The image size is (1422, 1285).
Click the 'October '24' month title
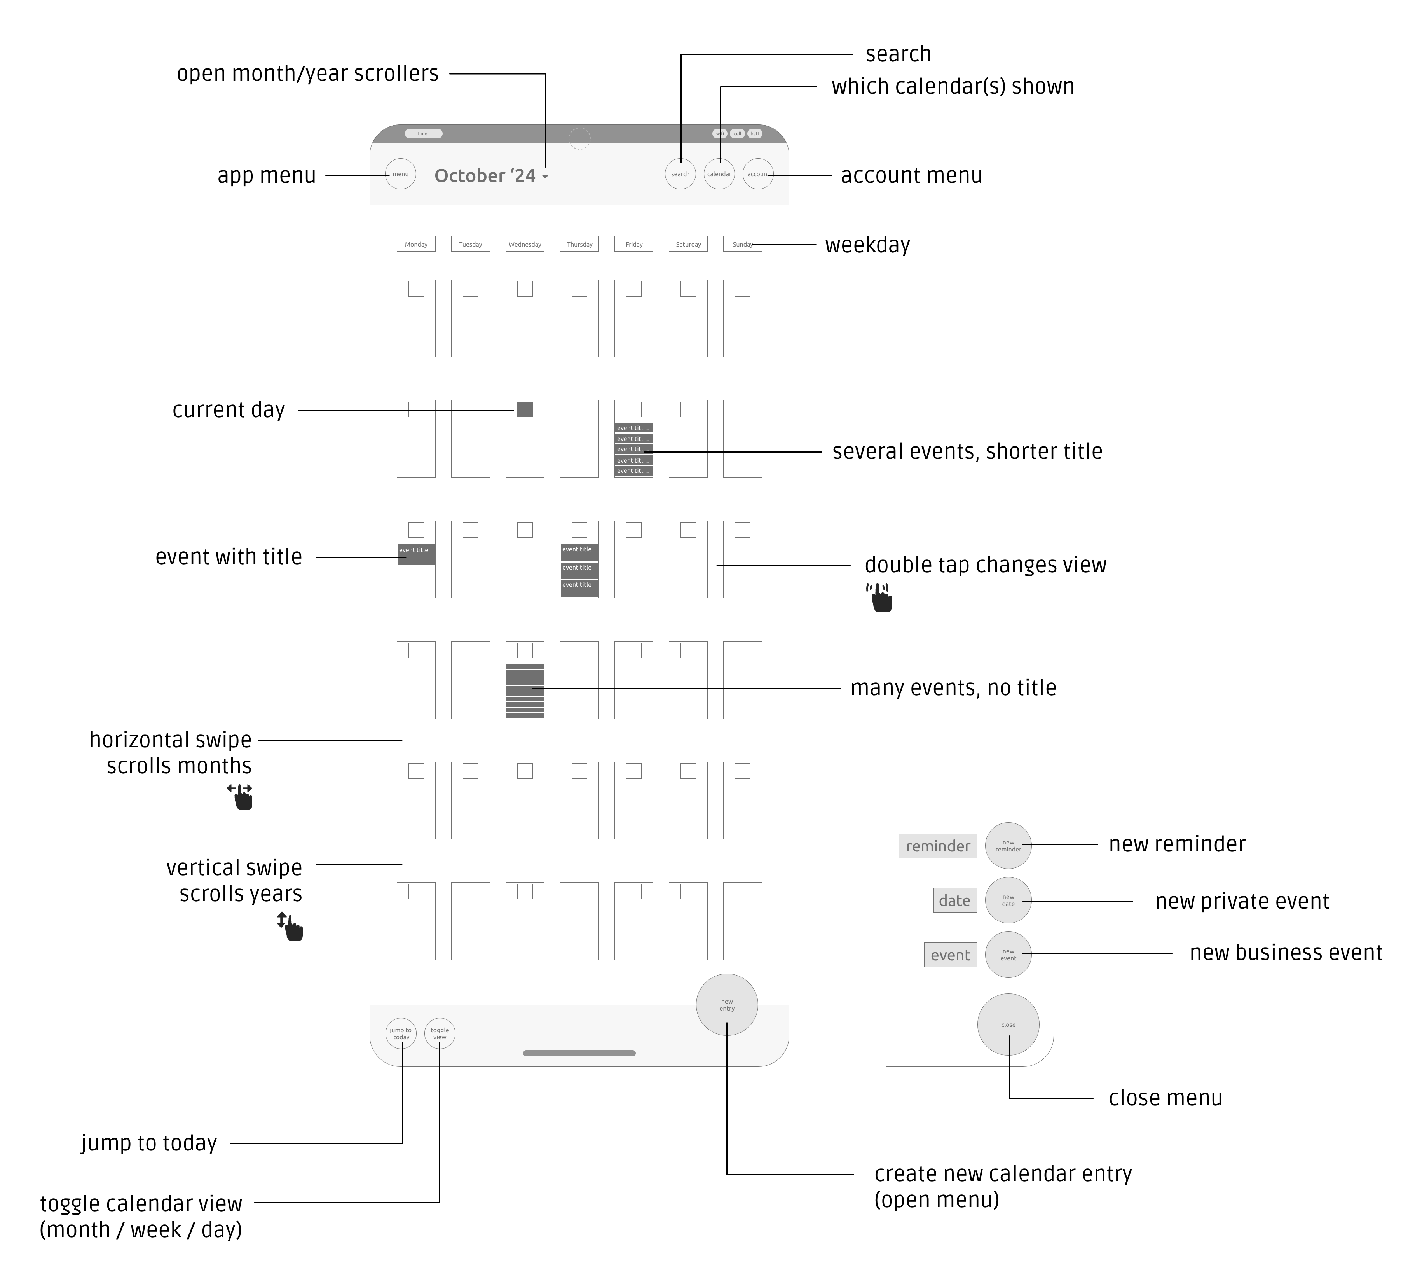pyautogui.click(x=485, y=176)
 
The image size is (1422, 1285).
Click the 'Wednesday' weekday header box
pyautogui.click(x=525, y=244)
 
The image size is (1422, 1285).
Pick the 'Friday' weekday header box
pyautogui.click(x=633, y=244)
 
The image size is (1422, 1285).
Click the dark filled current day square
pyautogui.click(x=525, y=409)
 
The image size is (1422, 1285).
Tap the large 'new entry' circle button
pyautogui.click(x=726, y=1005)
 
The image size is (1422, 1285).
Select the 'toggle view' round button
pyautogui.click(x=440, y=1034)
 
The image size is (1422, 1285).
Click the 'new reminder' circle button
pyautogui.click(x=1008, y=845)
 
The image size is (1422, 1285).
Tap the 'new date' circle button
pyautogui.click(x=1008, y=900)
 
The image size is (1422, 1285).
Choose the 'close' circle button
pyautogui.click(x=1008, y=1025)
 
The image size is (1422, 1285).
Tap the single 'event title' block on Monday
pyautogui.click(x=415, y=555)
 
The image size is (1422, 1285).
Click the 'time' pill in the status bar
pyautogui.click(x=423, y=133)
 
